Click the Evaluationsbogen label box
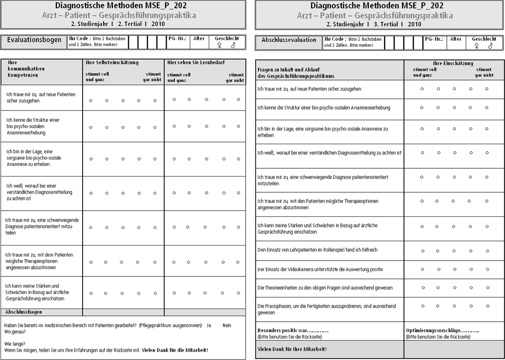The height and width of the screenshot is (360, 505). click(x=34, y=41)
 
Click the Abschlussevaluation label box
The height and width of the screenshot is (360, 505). click(x=288, y=40)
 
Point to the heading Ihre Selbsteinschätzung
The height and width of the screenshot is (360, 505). click(x=112, y=63)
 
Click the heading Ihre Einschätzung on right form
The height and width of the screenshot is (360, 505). click(x=453, y=64)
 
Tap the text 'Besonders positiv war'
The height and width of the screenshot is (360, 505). click(x=293, y=330)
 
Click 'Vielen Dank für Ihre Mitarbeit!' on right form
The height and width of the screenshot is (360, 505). click(x=292, y=349)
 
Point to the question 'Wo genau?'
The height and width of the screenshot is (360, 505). click(x=15, y=332)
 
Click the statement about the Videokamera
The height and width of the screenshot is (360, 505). click(x=320, y=269)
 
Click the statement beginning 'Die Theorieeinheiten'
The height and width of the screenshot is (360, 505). click(x=324, y=288)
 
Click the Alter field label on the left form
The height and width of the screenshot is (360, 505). click(x=199, y=38)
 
